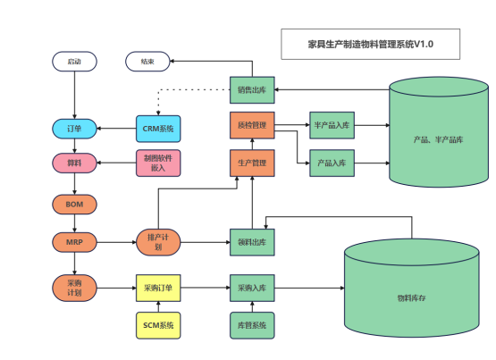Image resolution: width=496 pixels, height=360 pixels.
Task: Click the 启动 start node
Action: pyautogui.click(x=74, y=62)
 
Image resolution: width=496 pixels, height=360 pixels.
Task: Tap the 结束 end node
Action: pyautogui.click(x=147, y=62)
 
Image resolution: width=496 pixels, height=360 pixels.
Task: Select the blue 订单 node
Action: pyautogui.click(x=74, y=129)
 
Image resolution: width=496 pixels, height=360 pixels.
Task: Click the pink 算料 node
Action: pyautogui.click(x=74, y=163)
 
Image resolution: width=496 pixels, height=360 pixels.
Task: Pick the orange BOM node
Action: pyautogui.click(x=74, y=205)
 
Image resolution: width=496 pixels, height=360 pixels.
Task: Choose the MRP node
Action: pyautogui.click(x=74, y=242)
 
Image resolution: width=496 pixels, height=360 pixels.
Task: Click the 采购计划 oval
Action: pyautogui.click(x=74, y=288)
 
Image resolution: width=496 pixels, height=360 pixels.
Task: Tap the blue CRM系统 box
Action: pyautogui.click(x=158, y=129)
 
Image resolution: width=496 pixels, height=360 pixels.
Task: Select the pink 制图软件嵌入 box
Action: pyautogui.click(x=158, y=163)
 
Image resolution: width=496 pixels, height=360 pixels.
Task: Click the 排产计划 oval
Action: pyautogui.click(x=158, y=242)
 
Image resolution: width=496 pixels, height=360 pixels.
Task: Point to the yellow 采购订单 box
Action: pyautogui.click(x=158, y=288)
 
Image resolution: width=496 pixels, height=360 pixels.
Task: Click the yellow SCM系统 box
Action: pyautogui.click(x=158, y=325)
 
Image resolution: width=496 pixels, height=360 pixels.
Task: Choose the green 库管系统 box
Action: pyautogui.click(x=252, y=325)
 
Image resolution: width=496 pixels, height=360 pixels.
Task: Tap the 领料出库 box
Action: pyautogui.click(x=252, y=242)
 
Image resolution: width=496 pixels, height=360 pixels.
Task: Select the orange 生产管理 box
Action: pyautogui.click(x=252, y=163)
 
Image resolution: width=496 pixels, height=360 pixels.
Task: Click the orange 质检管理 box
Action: pyautogui.click(x=252, y=125)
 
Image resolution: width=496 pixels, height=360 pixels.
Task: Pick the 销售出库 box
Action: pyautogui.click(x=252, y=90)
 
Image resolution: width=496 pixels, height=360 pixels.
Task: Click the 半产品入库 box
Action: pyautogui.click(x=332, y=125)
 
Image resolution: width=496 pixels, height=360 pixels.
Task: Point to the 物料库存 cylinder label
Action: pyautogui.click(x=411, y=298)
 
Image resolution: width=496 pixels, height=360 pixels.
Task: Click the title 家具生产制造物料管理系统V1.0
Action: pyautogui.click(x=370, y=45)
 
